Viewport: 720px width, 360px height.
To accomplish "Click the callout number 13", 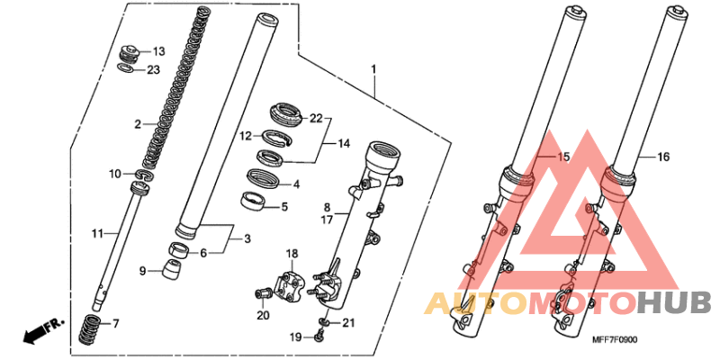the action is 158,51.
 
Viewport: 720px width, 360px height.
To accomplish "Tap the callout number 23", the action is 153,70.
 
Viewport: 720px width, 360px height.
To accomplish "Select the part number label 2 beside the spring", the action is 137,124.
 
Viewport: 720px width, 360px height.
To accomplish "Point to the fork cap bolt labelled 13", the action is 130,55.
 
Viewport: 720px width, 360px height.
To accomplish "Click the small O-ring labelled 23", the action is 125,69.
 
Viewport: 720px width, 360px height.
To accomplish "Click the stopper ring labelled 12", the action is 278,138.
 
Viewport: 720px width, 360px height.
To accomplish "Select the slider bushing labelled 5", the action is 254,201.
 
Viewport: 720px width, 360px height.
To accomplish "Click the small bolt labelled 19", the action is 318,337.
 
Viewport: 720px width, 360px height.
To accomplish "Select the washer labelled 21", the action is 324,322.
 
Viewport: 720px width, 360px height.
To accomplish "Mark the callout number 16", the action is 662,157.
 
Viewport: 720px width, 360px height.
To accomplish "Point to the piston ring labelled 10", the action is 145,175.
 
